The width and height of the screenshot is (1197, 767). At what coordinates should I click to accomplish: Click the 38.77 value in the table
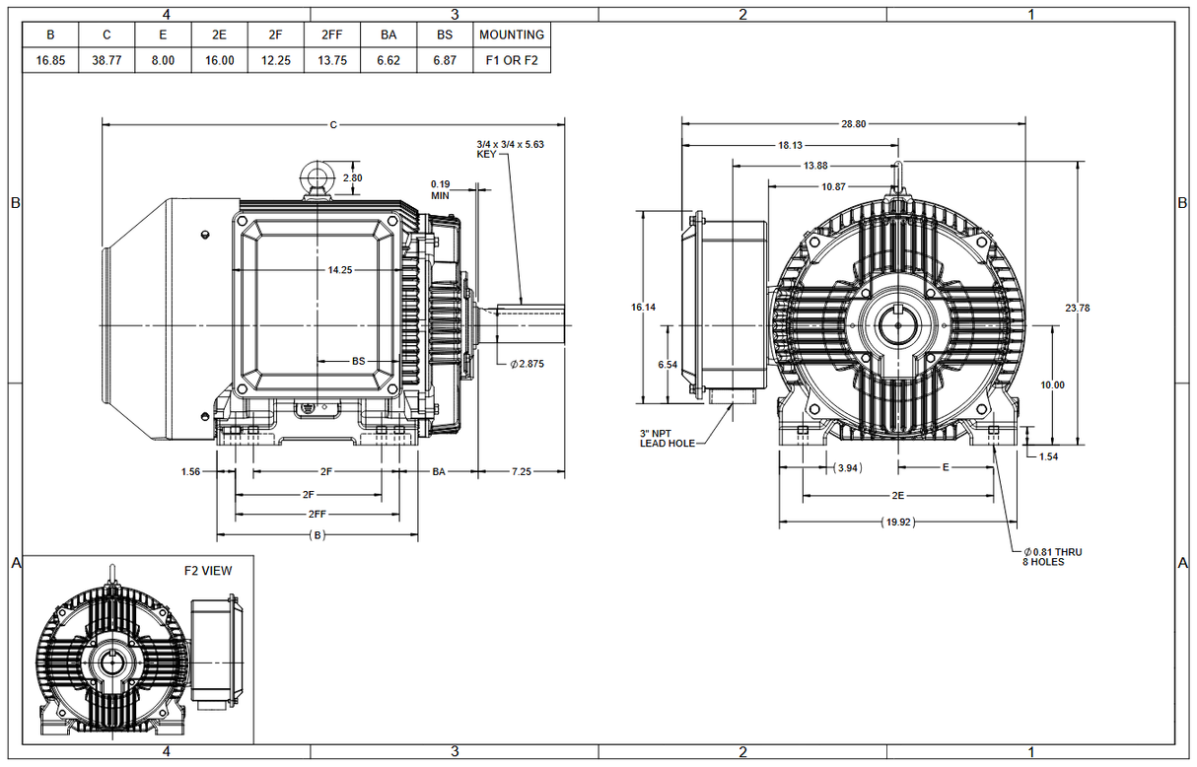point(106,60)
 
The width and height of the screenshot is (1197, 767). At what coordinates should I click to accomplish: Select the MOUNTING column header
point(511,35)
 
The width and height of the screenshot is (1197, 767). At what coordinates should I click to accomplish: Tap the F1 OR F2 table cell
point(511,60)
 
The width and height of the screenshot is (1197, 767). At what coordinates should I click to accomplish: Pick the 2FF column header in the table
point(332,35)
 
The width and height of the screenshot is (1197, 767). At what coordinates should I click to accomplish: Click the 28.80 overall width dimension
point(854,124)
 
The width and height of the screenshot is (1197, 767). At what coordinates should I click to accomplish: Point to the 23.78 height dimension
point(1078,308)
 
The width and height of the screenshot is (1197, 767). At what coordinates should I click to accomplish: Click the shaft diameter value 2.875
point(528,364)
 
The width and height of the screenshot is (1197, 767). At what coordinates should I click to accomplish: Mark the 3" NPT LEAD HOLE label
point(667,438)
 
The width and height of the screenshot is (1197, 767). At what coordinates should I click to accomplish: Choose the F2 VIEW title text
point(208,570)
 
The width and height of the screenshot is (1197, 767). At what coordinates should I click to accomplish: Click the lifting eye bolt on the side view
point(317,177)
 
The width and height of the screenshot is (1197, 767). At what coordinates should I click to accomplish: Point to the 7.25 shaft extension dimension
point(521,472)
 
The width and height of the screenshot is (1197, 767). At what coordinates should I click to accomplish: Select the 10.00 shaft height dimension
point(1053,384)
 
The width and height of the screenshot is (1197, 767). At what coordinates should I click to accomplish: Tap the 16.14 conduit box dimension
point(643,308)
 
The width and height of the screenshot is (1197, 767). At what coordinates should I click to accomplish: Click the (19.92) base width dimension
point(897,522)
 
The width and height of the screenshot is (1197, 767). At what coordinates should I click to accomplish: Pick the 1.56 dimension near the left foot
point(192,472)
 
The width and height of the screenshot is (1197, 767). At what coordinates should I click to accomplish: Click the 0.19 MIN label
point(440,189)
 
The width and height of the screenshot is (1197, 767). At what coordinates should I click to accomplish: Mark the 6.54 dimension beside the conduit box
point(668,364)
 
